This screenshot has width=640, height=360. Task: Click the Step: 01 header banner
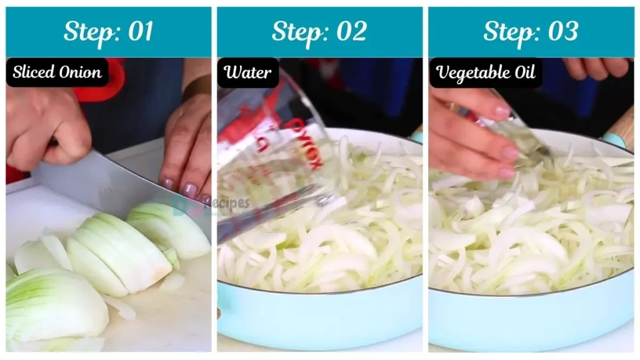coord(108,32)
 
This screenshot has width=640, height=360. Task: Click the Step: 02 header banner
coord(319,32)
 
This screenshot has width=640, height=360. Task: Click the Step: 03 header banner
coord(531,32)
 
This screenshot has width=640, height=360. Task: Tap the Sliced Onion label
coord(57,72)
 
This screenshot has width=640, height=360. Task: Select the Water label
coord(248,72)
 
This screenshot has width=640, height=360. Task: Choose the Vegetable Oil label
coord(486,72)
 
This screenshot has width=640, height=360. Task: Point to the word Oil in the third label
coord(524,72)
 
